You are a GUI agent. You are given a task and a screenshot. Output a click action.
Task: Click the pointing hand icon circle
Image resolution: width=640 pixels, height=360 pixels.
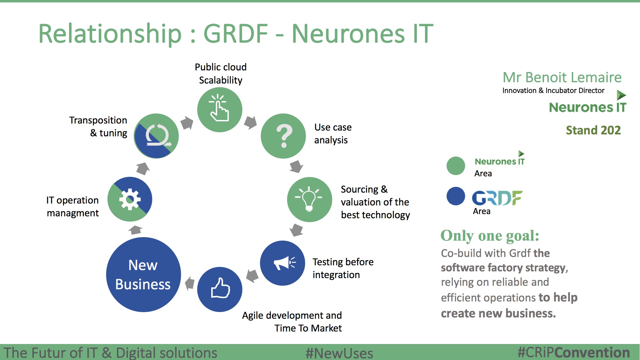[220, 109]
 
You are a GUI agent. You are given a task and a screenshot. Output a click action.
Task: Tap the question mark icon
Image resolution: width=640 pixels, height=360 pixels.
[284, 136]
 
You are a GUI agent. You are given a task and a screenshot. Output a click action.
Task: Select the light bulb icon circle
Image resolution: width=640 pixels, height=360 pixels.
[309, 199]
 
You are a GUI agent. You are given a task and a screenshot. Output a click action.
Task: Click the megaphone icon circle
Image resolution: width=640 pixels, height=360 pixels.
[283, 263]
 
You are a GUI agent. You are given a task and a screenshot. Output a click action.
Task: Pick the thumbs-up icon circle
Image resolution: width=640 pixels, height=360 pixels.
[220, 289]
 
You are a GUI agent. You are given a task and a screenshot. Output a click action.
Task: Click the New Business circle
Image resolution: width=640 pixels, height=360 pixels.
[143, 275]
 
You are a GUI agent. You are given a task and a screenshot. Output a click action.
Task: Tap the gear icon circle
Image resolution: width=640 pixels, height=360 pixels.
[130, 199]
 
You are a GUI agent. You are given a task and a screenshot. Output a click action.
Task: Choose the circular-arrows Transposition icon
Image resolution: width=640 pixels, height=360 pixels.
[156, 136]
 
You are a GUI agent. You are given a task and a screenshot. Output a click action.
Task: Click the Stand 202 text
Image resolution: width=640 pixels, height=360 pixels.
[593, 130]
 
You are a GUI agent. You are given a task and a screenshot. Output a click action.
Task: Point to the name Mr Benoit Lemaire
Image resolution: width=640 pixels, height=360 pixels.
[562, 77]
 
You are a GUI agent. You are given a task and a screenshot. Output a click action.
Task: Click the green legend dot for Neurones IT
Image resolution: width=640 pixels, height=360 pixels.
[456, 166]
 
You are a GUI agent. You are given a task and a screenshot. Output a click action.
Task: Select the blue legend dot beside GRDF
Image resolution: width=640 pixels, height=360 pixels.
[456, 196]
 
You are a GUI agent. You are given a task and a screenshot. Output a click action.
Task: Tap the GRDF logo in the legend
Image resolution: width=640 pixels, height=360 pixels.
[497, 198]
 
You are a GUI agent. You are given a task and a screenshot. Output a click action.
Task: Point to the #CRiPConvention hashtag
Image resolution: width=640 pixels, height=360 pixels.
[574, 352]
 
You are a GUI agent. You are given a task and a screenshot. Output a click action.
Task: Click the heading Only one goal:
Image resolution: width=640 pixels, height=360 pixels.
[490, 236]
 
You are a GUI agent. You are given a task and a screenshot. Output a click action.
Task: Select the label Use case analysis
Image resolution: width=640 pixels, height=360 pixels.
[333, 134]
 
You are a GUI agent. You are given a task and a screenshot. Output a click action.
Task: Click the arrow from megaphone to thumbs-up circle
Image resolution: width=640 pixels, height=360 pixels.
[252, 276]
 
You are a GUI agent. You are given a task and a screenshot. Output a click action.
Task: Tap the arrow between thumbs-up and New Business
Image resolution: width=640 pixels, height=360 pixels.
[190, 283]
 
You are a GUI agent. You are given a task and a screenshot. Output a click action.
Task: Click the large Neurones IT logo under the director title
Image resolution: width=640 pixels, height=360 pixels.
[588, 103]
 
